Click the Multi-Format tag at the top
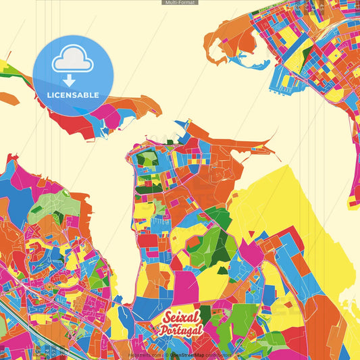click(180, 3)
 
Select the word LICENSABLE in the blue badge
click(72, 95)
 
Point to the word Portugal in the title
click(180, 330)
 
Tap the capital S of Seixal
click(167, 318)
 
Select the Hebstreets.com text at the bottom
click(145, 354)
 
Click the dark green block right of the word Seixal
click(205, 313)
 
